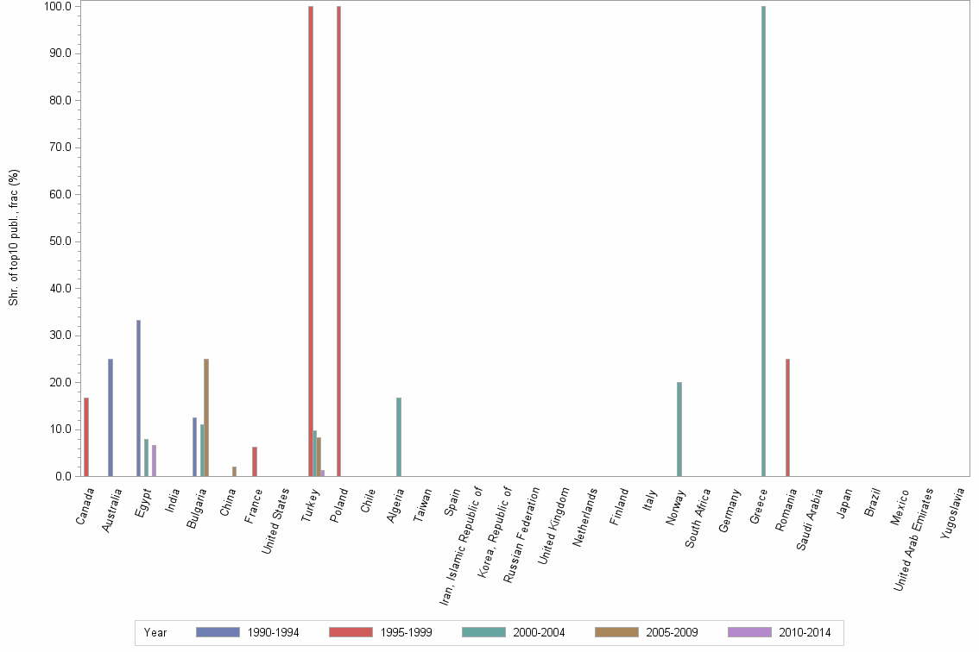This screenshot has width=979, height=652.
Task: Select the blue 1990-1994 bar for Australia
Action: click(111, 417)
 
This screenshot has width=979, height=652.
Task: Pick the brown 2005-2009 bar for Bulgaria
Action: click(206, 417)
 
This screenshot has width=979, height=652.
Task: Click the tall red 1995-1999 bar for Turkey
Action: click(311, 241)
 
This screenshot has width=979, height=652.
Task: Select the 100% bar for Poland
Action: click(338, 241)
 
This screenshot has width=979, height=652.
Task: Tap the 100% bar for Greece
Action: click(763, 241)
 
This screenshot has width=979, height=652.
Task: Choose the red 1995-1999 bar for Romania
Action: click(787, 417)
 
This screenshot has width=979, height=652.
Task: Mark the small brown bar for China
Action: click(234, 471)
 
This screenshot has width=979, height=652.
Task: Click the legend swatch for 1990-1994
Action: click(218, 632)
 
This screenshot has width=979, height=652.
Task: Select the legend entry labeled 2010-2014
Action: click(803, 632)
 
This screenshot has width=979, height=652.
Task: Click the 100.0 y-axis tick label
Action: click(58, 7)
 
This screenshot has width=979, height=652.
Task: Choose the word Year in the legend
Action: click(155, 632)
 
